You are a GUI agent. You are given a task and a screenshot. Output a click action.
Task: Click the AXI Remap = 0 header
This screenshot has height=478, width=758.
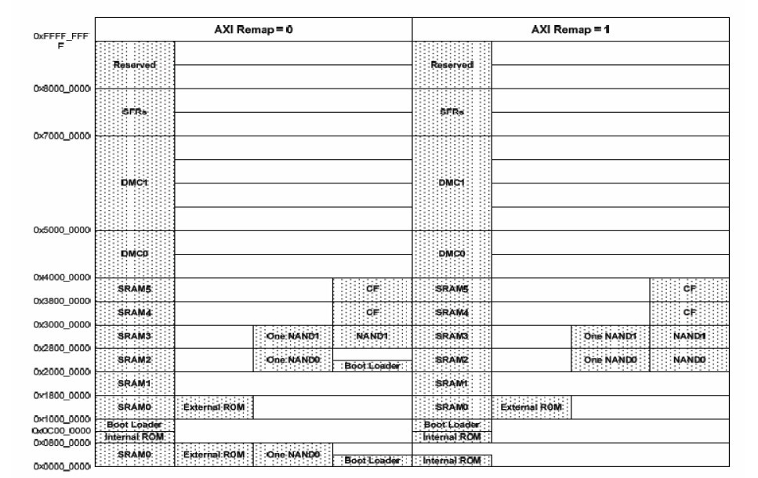click(253, 28)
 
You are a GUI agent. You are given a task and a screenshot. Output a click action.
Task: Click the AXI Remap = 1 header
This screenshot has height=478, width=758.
click(570, 28)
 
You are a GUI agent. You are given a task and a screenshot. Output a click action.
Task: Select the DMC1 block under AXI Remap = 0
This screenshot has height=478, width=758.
click(134, 183)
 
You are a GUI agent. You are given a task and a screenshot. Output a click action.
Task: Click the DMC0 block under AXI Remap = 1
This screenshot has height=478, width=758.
click(452, 254)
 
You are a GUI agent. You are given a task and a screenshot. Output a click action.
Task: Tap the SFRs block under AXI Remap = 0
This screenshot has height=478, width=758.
click(134, 112)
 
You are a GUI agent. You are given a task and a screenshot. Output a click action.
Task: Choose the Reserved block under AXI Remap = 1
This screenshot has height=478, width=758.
click(452, 65)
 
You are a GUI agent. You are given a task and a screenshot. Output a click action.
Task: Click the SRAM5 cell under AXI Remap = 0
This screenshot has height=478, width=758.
click(134, 289)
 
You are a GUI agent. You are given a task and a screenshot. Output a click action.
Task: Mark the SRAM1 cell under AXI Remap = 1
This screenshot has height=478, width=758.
click(452, 383)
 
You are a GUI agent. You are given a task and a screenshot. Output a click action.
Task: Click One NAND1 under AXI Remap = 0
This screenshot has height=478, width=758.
click(292, 336)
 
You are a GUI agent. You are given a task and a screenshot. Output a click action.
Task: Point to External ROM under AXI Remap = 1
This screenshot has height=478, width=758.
click(531, 407)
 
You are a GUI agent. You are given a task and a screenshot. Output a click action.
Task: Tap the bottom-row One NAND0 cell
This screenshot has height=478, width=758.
click(292, 454)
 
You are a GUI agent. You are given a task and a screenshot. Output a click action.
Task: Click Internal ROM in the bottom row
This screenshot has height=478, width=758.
click(452, 461)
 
